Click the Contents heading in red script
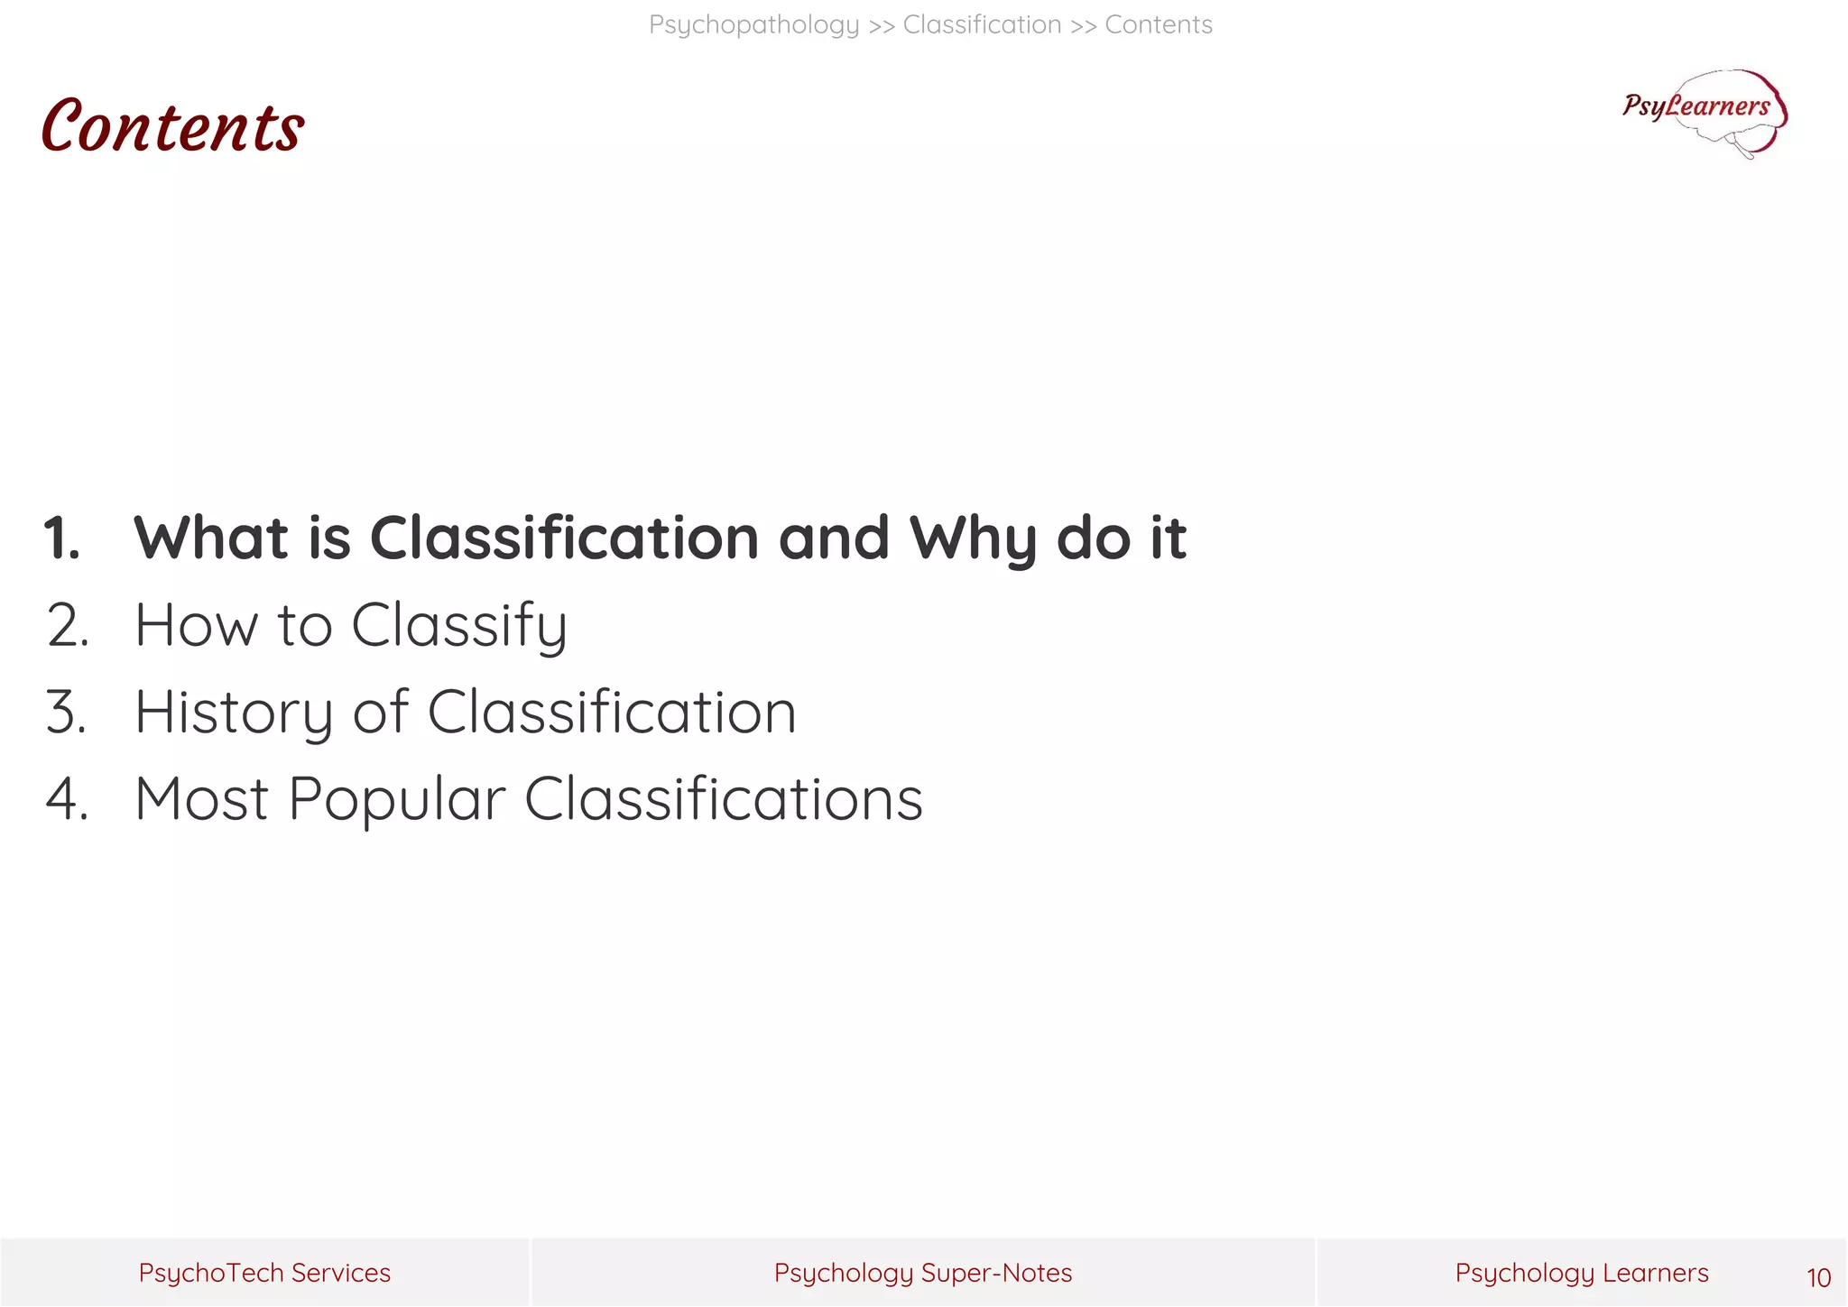tap(172, 126)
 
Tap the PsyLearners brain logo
tap(1705, 113)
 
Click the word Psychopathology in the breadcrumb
tap(753, 24)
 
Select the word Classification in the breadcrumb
tap(982, 24)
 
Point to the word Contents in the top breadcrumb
tap(1158, 24)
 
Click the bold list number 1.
tap(61, 538)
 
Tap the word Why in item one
tap(972, 538)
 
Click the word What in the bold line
tap(211, 538)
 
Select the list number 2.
tap(67, 625)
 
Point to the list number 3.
tap(66, 713)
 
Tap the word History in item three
tap(234, 713)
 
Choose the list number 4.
tap(67, 799)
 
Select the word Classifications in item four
tap(723, 799)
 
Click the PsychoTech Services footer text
tap(264, 1273)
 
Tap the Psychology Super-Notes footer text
tap(922, 1273)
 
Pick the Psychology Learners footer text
tap(1581, 1273)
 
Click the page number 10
tap(1818, 1277)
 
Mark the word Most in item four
tap(201, 799)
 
